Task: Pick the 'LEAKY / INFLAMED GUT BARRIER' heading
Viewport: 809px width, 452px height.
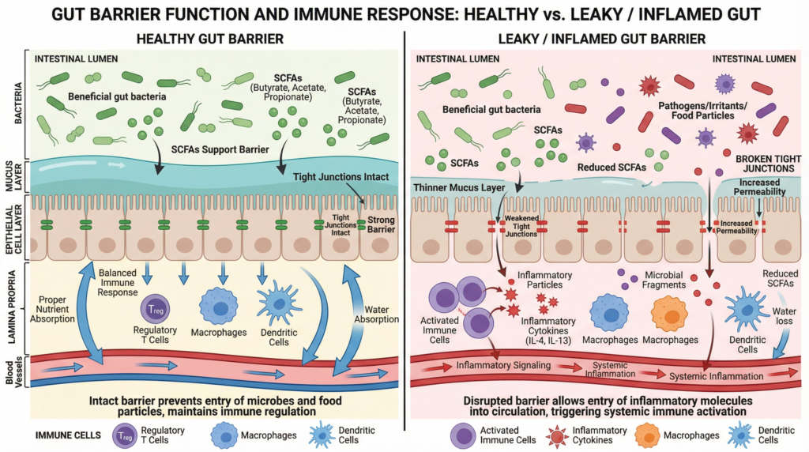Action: (607, 38)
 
